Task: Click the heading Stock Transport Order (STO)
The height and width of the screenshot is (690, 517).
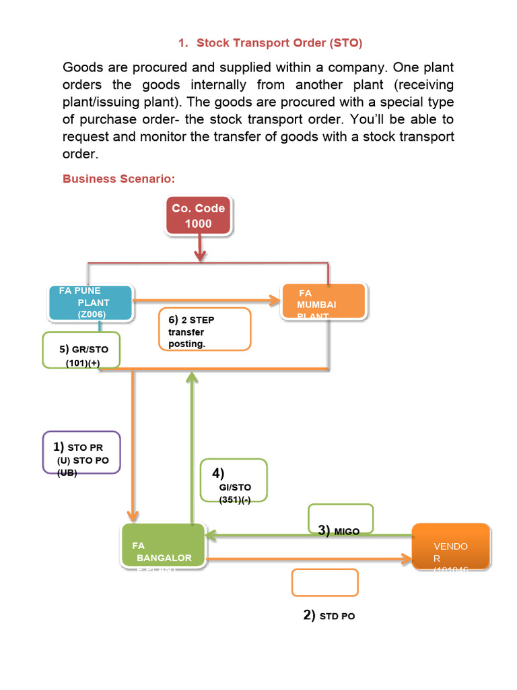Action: (x=279, y=43)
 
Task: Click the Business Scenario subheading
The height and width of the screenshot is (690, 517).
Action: (x=118, y=179)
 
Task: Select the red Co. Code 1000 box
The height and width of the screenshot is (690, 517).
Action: (x=199, y=216)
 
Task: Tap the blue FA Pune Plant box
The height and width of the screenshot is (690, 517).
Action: (x=90, y=303)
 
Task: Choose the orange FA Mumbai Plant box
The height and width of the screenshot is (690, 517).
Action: (x=323, y=301)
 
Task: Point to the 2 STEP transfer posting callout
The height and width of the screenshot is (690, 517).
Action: (x=205, y=329)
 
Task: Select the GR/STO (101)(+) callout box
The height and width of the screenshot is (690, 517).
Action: (x=81, y=350)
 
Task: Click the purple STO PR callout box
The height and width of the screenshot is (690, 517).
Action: (x=81, y=452)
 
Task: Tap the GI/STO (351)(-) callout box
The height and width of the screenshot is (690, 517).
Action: (x=234, y=480)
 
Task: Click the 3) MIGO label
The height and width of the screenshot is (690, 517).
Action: (x=339, y=531)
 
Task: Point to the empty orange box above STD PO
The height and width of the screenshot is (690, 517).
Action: (x=324, y=582)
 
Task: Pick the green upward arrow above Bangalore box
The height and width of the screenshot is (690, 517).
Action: (x=193, y=445)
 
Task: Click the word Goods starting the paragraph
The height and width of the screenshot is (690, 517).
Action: (x=84, y=68)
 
